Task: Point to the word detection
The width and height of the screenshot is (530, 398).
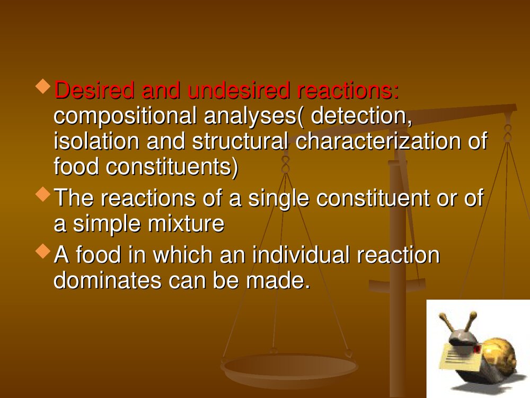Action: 361,116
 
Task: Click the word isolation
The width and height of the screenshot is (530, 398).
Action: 96,141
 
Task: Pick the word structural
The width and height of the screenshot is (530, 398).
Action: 240,141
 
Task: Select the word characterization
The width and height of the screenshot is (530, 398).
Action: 377,141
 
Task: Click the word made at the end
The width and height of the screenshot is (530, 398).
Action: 278,280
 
